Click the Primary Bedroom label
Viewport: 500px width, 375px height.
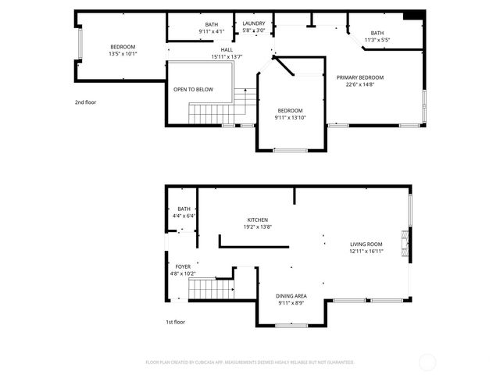click(x=360, y=77)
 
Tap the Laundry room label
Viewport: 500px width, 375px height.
click(x=254, y=23)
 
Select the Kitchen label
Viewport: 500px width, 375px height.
click(x=258, y=220)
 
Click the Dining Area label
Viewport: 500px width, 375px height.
click(x=291, y=296)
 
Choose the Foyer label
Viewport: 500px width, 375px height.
click(x=183, y=266)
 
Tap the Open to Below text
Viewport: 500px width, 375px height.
click(x=193, y=90)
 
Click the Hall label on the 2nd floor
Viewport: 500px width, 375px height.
click(x=227, y=49)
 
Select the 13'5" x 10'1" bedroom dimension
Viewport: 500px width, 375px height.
click(x=123, y=55)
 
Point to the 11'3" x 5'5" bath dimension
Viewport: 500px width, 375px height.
click(x=377, y=40)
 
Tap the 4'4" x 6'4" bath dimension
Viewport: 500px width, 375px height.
click(x=184, y=216)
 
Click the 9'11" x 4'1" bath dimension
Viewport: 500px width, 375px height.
click(x=212, y=31)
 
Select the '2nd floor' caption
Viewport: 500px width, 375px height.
click(x=85, y=102)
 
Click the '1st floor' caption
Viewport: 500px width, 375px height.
click(x=175, y=322)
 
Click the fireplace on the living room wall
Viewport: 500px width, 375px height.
click(x=404, y=244)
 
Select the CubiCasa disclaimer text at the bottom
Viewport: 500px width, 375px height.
click(x=250, y=362)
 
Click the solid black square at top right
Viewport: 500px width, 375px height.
click(x=414, y=15)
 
